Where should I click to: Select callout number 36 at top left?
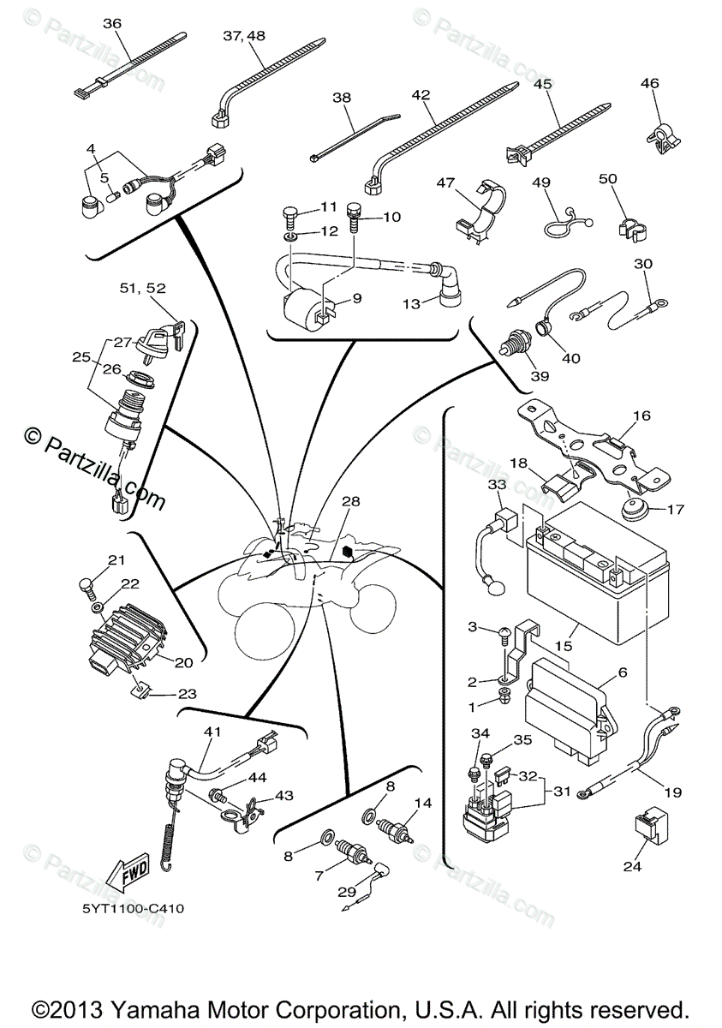tap(112, 23)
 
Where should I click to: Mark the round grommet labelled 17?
tap(634, 509)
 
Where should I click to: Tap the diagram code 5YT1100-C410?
tap(133, 909)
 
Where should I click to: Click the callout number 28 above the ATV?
tap(350, 501)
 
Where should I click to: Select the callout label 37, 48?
tap(244, 36)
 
